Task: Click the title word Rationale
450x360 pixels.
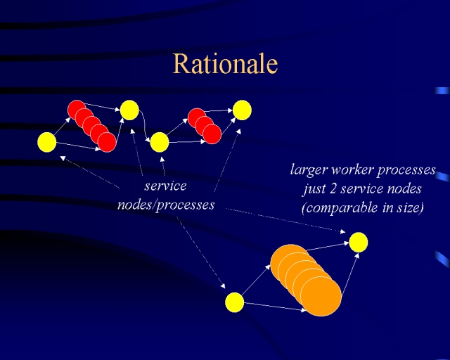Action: [x=225, y=63]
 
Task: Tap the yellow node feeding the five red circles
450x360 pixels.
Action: [x=47, y=142]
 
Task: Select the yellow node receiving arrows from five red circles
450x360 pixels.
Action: [x=129, y=110]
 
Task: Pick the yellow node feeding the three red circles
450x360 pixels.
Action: [x=160, y=142]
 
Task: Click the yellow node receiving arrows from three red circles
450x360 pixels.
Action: [x=242, y=110]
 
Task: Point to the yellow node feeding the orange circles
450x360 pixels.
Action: [x=234, y=302]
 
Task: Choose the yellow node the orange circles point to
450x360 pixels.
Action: [x=359, y=243]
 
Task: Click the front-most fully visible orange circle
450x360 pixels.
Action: [x=321, y=296]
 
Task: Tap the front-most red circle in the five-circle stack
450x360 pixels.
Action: [x=107, y=143]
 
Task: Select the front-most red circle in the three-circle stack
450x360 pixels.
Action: [x=212, y=134]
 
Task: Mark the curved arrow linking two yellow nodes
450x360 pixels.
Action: [x=144, y=125]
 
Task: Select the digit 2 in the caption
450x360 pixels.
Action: [x=333, y=189]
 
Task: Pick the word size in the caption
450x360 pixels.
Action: [x=407, y=207]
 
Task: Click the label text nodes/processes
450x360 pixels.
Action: [x=166, y=205]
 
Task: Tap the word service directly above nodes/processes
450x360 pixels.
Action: [x=165, y=186]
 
